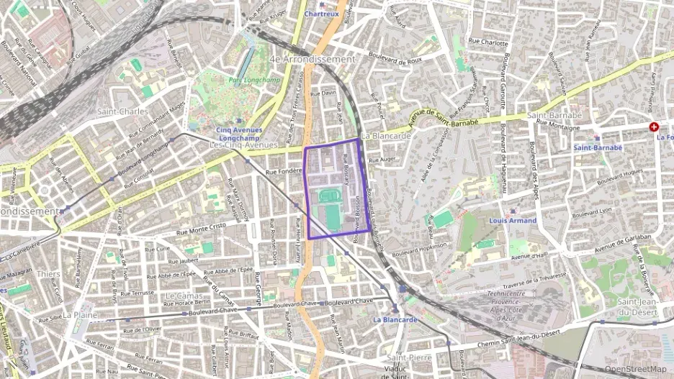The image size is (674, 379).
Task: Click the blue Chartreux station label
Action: [320, 14]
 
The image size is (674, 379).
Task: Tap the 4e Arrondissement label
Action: [312, 59]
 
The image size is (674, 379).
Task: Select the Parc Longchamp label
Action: [245, 81]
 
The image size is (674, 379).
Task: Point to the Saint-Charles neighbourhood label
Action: [122, 111]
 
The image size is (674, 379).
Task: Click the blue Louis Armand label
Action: [512, 221]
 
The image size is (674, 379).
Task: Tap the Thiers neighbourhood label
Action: [48, 274]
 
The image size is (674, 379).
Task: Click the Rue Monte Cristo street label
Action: [202, 227]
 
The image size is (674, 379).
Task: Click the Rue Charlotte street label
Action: [488, 43]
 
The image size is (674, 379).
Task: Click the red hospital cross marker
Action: [654, 127]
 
